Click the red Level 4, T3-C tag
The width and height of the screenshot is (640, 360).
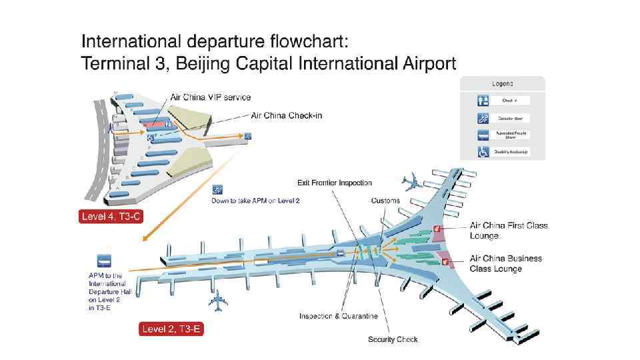point(111,216)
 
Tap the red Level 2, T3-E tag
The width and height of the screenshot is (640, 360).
point(171,329)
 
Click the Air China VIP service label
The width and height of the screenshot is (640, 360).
point(211,97)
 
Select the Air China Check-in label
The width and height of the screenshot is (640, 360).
point(286,115)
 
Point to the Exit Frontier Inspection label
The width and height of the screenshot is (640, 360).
point(334,183)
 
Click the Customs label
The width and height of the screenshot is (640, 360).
point(385,201)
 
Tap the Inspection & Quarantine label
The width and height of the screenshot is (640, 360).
point(338,316)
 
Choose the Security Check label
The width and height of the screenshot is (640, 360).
point(393,340)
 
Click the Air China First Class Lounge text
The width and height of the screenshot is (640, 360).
point(509,231)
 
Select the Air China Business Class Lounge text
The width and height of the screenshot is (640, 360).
point(506,263)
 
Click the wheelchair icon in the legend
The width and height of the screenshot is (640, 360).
point(484,151)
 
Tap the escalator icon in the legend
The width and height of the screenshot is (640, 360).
point(484,118)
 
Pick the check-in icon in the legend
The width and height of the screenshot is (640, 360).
point(484,101)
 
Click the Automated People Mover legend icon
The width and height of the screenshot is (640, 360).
point(484,135)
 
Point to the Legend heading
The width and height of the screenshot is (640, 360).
point(502,84)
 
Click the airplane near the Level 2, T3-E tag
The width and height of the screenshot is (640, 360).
point(217,303)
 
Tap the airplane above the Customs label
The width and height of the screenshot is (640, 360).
point(413,181)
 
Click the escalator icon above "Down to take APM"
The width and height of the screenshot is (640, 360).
point(217,189)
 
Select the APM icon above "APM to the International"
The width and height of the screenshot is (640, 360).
point(105,261)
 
